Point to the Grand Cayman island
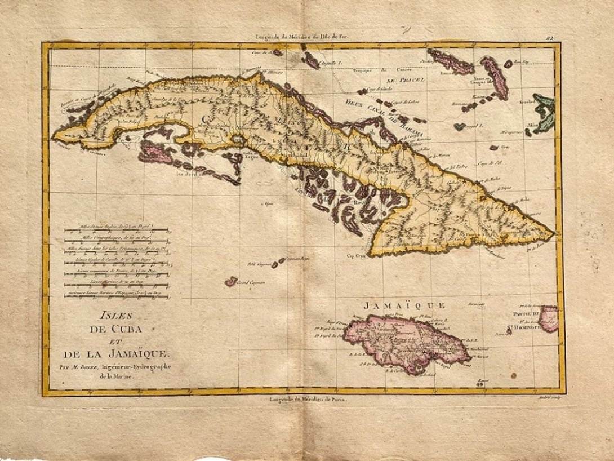(x=231, y=281)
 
